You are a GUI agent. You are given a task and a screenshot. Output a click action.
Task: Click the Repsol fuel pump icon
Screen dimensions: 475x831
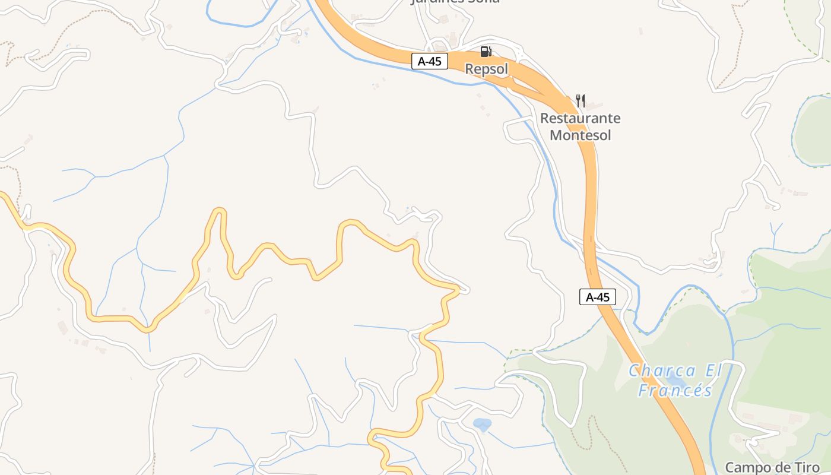click(486, 52)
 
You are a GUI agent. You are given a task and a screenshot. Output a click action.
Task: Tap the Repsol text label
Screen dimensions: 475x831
click(487, 69)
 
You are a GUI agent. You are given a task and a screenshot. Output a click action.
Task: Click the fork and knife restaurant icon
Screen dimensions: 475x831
click(581, 101)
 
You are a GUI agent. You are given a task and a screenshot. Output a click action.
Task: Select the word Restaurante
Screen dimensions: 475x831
click(580, 118)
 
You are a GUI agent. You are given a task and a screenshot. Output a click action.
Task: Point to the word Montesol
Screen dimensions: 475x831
click(580, 135)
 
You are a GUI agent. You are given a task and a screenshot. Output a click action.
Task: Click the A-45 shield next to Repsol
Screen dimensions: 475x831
click(429, 61)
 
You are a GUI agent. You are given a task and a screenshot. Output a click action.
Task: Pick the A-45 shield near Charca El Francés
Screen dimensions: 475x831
click(598, 297)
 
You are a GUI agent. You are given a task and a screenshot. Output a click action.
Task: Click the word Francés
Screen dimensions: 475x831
click(675, 390)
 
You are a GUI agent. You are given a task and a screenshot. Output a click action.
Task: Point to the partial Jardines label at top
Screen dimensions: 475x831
click(455, 2)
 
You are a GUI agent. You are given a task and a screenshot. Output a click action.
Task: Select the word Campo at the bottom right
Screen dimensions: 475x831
click(745, 467)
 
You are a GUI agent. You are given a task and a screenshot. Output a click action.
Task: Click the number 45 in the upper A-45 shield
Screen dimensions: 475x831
click(435, 61)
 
